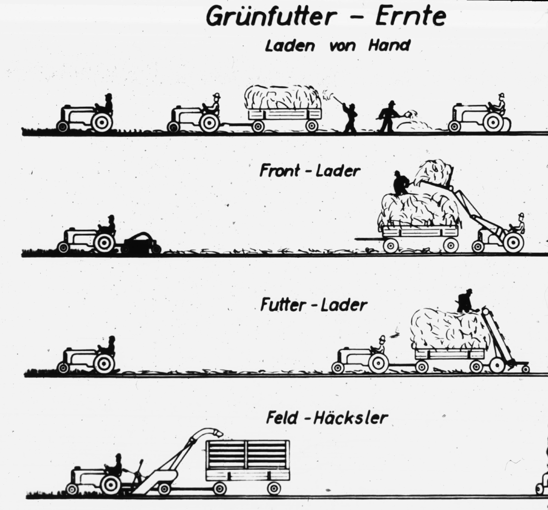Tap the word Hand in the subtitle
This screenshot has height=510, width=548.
(x=389, y=46)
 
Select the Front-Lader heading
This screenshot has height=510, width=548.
(x=310, y=171)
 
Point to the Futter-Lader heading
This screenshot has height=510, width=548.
(x=314, y=305)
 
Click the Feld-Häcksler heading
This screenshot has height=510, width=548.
(x=327, y=418)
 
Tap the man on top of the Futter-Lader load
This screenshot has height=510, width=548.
(x=464, y=301)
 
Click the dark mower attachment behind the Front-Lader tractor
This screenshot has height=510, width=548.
(x=142, y=242)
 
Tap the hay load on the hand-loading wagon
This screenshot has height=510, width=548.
(x=283, y=97)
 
